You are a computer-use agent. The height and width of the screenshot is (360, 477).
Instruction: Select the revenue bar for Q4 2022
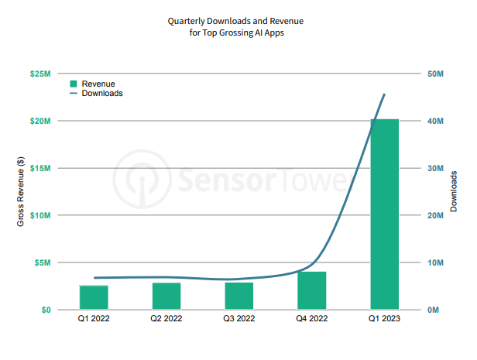(312, 290)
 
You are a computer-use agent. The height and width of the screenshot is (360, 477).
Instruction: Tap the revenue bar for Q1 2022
(94, 297)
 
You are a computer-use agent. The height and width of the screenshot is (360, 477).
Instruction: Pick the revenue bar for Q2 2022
(166, 296)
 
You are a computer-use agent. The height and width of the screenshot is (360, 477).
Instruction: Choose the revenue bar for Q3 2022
(239, 296)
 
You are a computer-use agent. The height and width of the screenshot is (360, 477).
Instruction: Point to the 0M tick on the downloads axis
(434, 310)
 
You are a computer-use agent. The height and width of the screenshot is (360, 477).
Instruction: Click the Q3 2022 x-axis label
(239, 319)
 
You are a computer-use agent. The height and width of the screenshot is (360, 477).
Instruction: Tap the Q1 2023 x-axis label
(385, 319)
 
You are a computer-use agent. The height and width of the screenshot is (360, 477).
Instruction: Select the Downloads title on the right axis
(455, 192)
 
